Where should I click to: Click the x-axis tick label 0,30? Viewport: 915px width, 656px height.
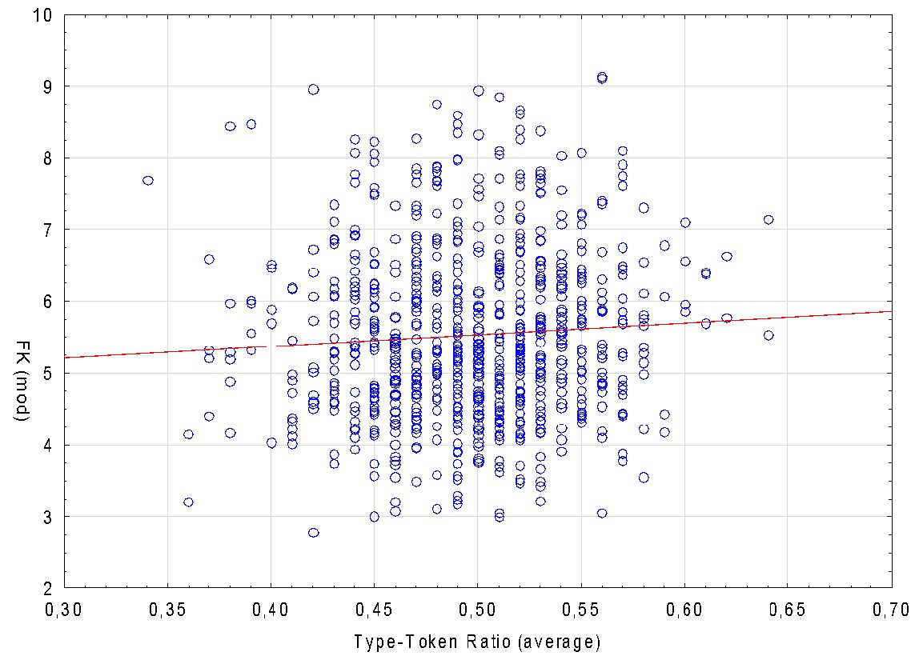point(64,610)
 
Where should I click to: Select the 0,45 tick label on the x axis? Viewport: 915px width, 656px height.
point(374,610)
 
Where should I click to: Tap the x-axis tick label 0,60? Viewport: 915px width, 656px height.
point(684,610)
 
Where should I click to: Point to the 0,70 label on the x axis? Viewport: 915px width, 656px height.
point(891,610)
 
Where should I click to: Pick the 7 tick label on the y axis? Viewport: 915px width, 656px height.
point(49,230)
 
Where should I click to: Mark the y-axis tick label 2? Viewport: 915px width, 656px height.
point(49,588)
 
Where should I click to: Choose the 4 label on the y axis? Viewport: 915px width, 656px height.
point(49,445)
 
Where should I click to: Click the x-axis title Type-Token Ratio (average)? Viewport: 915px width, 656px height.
point(477,641)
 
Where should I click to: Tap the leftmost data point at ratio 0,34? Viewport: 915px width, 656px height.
point(147,181)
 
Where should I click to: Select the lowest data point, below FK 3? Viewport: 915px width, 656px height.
point(313,533)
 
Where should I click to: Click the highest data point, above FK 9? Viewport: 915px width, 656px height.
point(602,78)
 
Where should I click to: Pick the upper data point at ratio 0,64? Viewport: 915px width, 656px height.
point(769,220)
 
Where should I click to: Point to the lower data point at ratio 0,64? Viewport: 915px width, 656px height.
point(769,336)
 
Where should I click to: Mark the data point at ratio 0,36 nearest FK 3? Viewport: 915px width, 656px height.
point(189,502)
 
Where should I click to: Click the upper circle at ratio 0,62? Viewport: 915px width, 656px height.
point(727,257)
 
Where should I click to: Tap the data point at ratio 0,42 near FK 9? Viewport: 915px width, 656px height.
point(313,90)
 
